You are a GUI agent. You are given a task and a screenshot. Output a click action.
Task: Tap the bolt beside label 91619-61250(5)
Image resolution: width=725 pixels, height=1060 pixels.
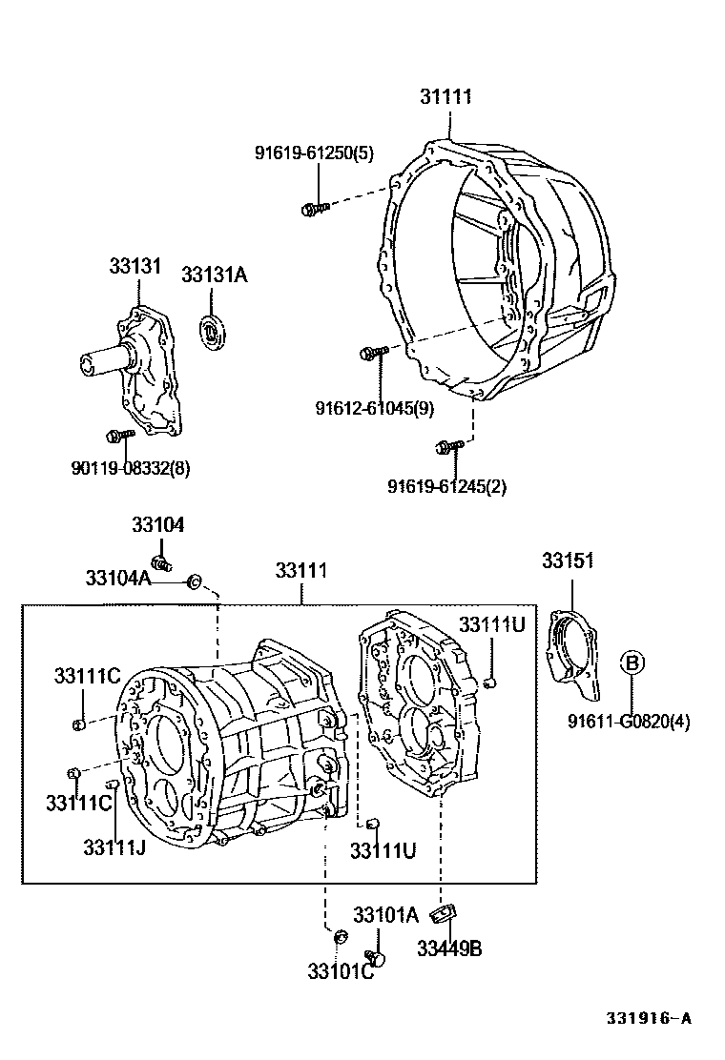tap(314, 207)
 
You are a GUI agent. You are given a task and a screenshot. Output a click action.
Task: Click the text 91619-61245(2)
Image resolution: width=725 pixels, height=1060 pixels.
tap(446, 486)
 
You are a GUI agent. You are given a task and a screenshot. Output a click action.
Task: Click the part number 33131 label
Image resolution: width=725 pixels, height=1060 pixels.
tap(135, 266)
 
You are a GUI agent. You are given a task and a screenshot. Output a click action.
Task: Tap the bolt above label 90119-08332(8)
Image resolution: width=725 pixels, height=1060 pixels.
tap(119, 436)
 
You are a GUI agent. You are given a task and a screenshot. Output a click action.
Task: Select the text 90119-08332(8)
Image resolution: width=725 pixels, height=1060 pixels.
tap(131, 468)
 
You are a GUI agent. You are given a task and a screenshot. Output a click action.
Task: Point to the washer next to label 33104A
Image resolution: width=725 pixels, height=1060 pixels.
tap(195, 580)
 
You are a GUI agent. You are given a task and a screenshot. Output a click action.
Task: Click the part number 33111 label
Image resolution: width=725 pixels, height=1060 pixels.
tap(301, 571)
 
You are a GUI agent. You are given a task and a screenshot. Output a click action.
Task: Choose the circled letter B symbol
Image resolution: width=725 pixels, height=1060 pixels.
tap(631, 662)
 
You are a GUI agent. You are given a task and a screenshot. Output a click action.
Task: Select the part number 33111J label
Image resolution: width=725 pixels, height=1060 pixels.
tap(114, 847)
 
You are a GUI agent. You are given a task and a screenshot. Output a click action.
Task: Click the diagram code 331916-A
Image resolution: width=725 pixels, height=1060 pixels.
tap(650, 1017)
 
